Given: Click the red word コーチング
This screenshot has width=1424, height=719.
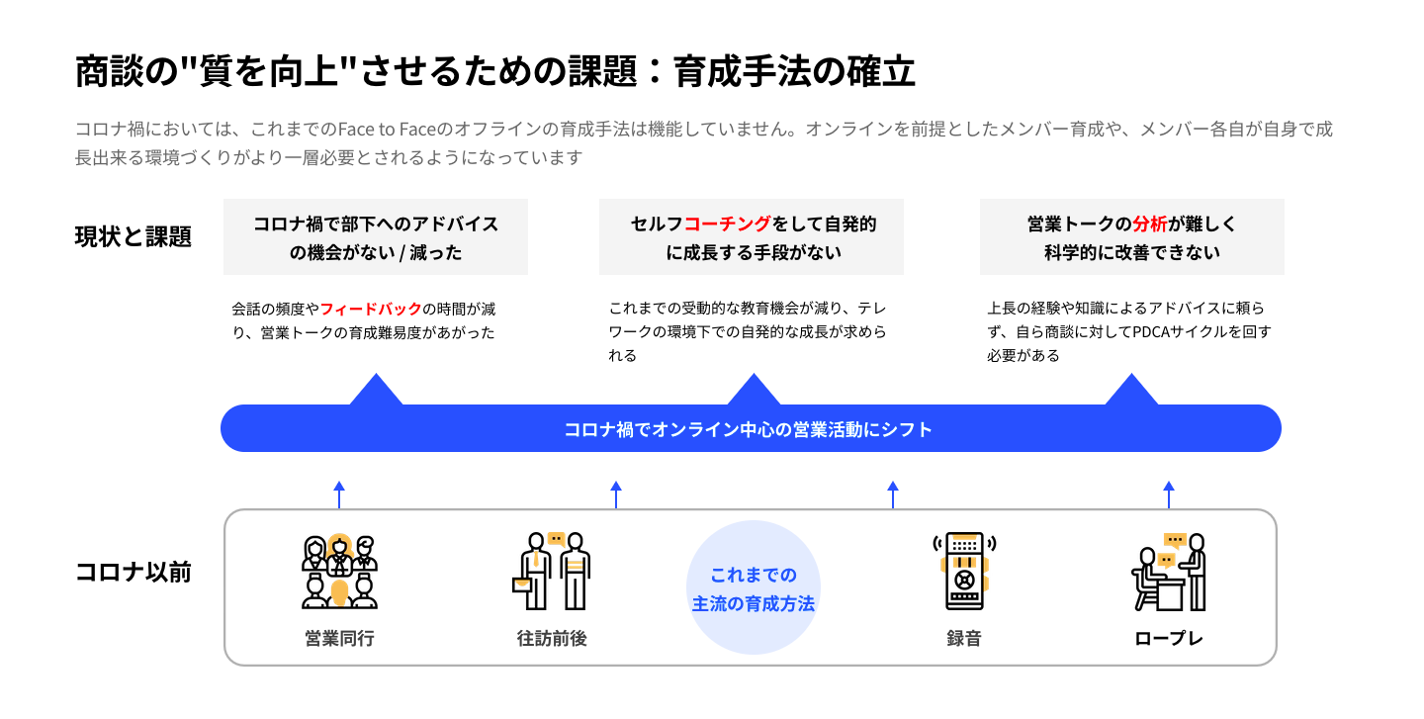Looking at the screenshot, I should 729,225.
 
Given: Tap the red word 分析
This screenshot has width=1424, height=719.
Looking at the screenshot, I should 1150,225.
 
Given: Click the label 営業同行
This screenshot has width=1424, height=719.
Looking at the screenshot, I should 339,638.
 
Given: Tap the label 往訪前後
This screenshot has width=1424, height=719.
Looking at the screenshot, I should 552,638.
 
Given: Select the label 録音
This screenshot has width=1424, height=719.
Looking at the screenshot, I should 964,638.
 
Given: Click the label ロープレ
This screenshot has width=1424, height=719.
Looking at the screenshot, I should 1169,638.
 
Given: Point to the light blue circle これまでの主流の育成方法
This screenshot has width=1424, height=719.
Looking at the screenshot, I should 754,587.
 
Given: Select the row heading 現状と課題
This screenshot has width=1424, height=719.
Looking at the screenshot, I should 133,237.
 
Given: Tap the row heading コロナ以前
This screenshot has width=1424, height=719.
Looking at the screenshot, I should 133,572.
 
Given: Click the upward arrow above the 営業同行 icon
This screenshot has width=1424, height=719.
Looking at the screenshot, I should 339,494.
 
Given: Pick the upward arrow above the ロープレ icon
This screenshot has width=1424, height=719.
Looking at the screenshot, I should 1169,494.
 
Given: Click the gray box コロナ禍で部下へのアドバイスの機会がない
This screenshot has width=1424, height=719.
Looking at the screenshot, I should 376,237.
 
